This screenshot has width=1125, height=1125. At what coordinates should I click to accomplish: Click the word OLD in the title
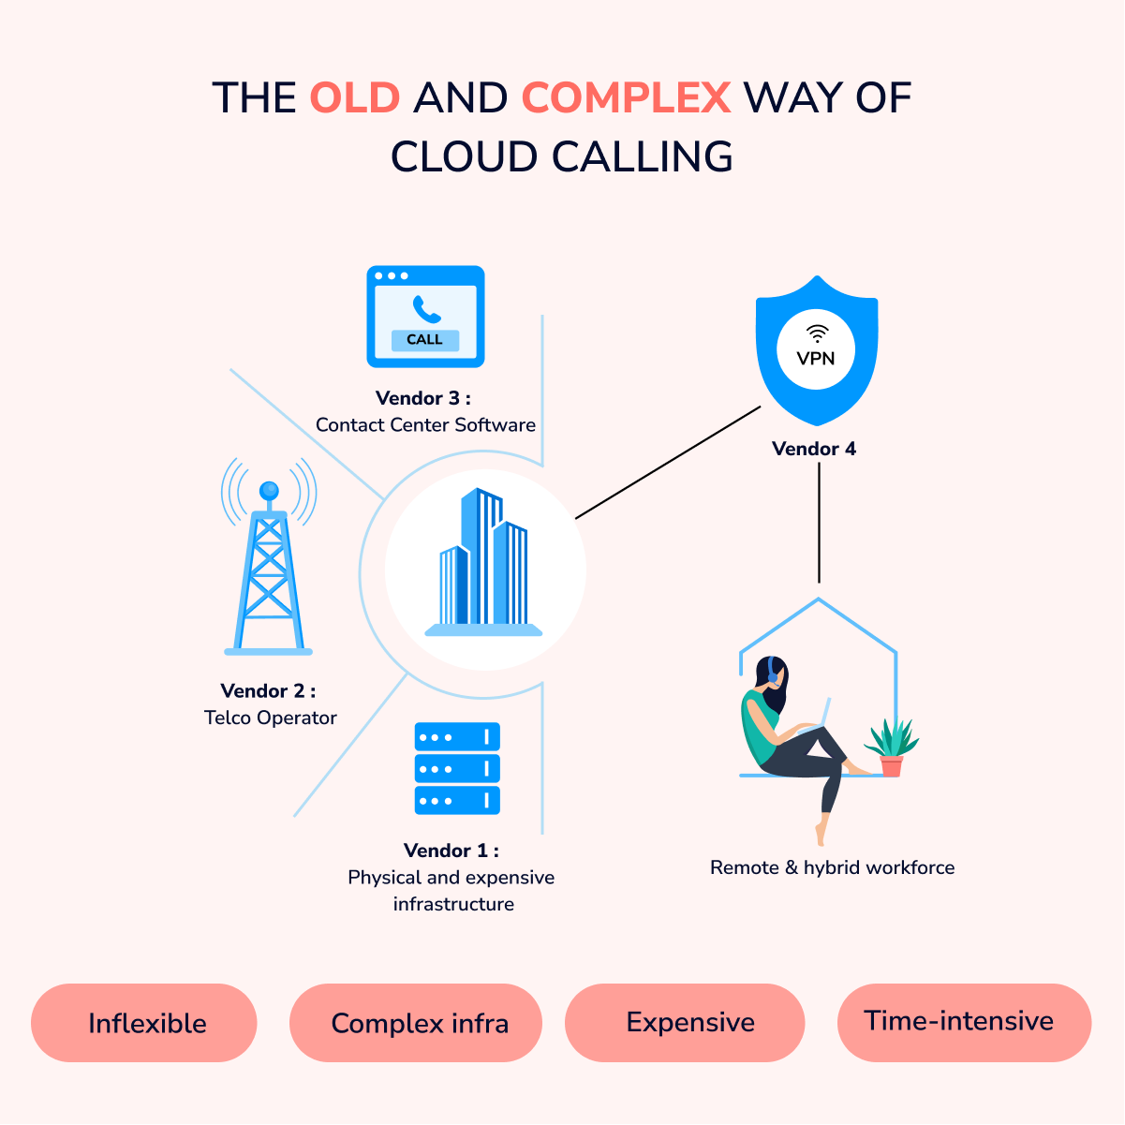coord(355,97)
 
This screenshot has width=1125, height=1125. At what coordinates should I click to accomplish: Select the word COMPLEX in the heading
coord(626,97)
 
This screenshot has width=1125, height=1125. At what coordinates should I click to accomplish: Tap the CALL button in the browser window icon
coord(425,340)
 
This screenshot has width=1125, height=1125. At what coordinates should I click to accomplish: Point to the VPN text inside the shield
coord(816,359)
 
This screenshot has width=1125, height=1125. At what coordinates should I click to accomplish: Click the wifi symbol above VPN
coord(818,333)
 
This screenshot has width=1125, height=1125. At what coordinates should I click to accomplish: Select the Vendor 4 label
coord(814,449)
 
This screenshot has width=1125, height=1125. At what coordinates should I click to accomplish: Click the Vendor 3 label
coord(423,398)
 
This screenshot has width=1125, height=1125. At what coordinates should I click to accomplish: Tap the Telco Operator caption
coord(271,718)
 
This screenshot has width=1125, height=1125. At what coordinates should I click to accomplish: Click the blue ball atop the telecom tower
coord(269,491)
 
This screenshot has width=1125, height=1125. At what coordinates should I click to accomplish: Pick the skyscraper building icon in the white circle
coord(484,562)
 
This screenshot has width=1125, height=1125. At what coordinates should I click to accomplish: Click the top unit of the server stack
coord(457,737)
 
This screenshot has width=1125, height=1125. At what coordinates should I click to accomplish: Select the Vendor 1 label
coord(451,851)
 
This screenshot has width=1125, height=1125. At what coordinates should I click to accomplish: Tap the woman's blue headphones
coord(773,670)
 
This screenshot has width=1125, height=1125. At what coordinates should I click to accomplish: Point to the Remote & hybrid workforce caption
coord(832,868)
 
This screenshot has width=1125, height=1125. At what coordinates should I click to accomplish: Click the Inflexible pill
coord(144,1024)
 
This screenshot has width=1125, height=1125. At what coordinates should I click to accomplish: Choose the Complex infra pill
coord(416,1024)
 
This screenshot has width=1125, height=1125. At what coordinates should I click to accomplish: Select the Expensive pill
coord(685,1024)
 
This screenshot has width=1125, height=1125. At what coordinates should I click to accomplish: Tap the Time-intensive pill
coord(965,1024)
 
